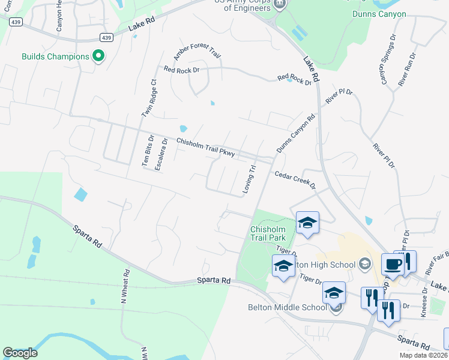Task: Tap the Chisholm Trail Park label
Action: click(271, 233)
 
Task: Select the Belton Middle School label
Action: click(287, 308)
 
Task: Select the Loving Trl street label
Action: click(249, 179)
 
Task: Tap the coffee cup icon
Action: click(393, 263)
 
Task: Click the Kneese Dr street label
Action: click(424, 302)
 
